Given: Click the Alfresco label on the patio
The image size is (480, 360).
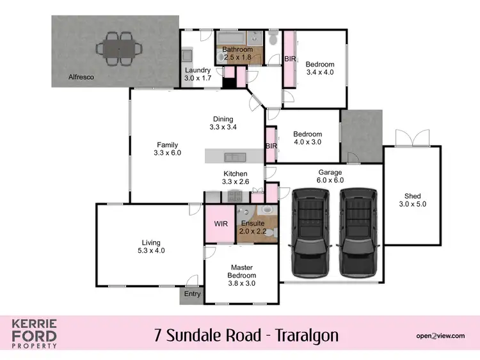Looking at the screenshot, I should click(x=81, y=77).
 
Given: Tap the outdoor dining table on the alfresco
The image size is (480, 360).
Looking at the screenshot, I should click(x=117, y=48).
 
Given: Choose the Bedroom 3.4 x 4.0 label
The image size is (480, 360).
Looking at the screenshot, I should click(x=319, y=68).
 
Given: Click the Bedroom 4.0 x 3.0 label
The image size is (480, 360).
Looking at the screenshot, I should click(x=307, y=137).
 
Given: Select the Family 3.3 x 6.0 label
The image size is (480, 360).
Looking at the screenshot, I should click(x=168, y=148).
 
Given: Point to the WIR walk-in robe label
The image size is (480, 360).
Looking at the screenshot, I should click(x=220, y=224).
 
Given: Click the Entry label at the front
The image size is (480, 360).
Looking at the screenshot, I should click(x=192, y=294).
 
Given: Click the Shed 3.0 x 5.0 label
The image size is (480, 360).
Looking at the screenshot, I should click(x=412, y=200).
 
